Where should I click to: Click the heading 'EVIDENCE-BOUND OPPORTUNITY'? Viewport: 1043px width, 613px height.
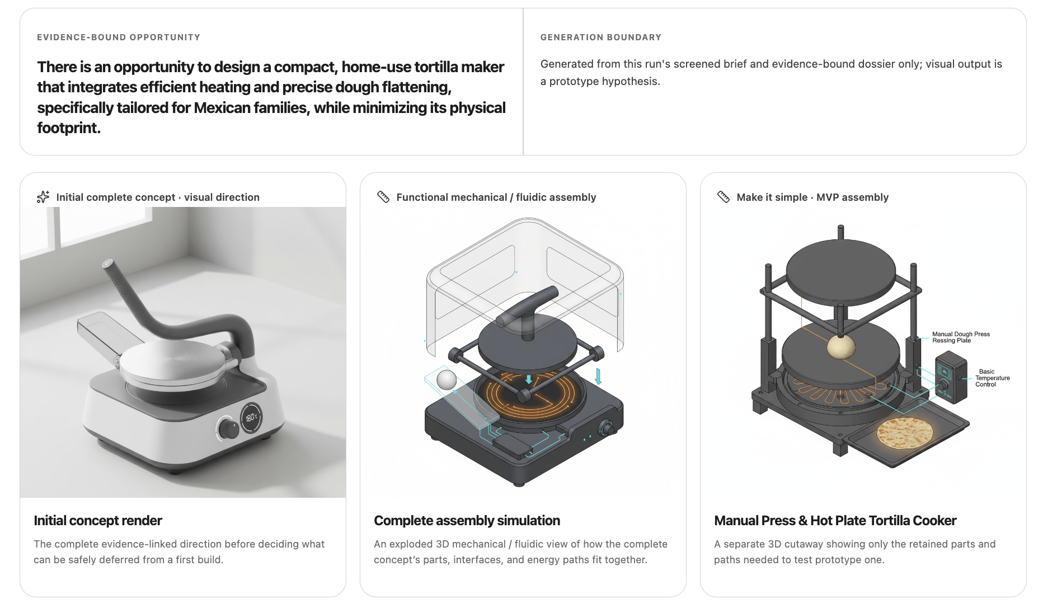click(119, 37)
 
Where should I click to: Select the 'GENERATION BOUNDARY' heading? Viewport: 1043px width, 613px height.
click(601, 37)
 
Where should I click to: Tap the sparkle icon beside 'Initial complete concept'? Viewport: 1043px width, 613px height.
click(43, 197)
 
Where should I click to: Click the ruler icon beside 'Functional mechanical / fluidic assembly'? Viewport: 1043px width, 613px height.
click(383, 197)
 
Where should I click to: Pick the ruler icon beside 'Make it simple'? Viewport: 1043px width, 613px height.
click(723, 197)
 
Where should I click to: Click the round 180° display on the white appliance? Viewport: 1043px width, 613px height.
click(251, 417)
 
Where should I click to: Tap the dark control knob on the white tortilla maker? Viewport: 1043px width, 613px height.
click(228, 429)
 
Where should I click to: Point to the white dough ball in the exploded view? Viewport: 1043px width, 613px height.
click(447, 380)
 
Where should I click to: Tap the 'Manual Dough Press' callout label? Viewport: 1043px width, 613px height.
click(961, 337)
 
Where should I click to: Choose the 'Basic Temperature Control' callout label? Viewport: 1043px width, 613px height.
click(993, 378)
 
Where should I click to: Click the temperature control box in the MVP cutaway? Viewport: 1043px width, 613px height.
click(951, 377)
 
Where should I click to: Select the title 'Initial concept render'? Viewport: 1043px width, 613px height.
click(98, 521)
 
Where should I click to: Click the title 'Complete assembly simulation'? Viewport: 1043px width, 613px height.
click(467, 521)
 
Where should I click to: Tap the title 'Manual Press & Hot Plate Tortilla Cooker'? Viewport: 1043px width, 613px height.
click(835, 521)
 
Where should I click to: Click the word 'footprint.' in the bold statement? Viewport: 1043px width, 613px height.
click(69, 128)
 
